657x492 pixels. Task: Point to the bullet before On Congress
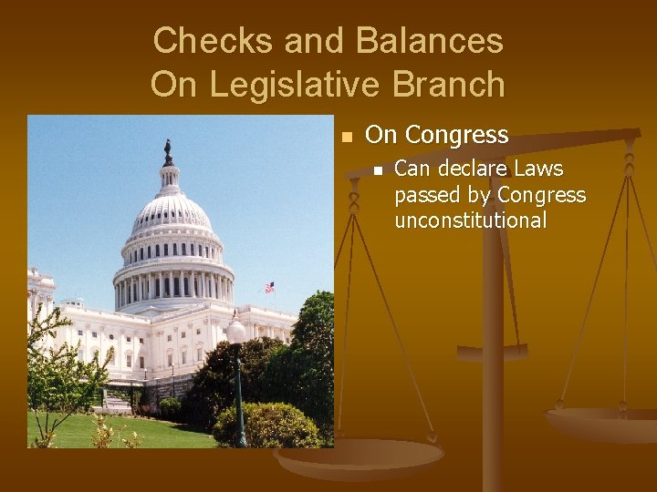tap(345, 138)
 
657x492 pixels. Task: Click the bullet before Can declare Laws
tap(376, 170)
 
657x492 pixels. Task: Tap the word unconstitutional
tap(470, 220)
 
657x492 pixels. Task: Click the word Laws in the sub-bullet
tap(538, 169)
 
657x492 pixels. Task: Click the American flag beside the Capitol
tap(269, 287)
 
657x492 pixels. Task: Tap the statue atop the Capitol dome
tap(168, 151)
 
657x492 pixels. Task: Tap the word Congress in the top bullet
tap(456, 136)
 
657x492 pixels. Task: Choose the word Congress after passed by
tap(542, 195)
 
